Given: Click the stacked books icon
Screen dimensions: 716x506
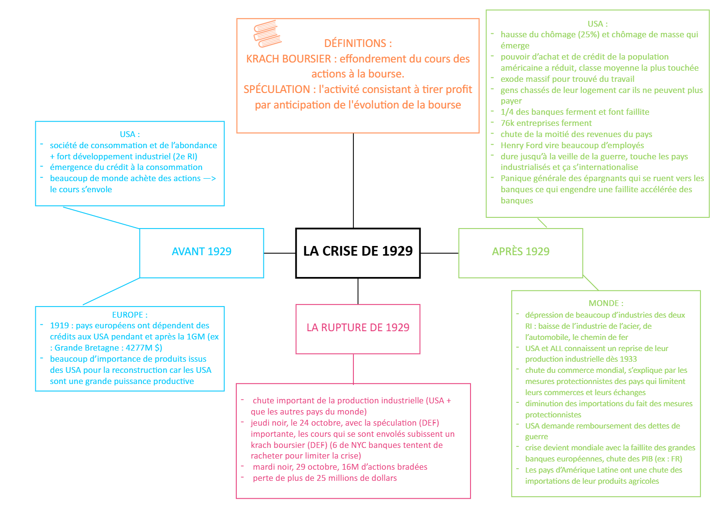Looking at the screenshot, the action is [x=268, y=33].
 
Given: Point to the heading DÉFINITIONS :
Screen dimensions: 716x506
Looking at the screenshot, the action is [x=358, y=43].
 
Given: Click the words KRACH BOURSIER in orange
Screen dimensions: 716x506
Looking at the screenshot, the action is [x=289, y=59].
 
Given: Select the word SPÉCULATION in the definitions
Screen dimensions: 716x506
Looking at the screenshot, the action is [x=277, y=90].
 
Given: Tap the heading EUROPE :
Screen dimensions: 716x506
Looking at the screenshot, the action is [x=130, y=315].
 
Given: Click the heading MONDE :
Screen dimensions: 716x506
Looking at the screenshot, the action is [x=606, y=303].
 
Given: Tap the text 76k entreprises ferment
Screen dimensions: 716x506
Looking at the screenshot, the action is [x=546, y=123].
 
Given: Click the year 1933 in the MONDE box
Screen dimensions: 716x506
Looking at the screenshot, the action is [x=628, y=359].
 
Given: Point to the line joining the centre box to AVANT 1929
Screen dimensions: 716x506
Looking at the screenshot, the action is [x=280, y=253].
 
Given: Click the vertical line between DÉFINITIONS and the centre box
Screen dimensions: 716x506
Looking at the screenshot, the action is [x=353, y=181].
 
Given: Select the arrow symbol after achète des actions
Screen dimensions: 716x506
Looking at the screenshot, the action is [x=210, y=178].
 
